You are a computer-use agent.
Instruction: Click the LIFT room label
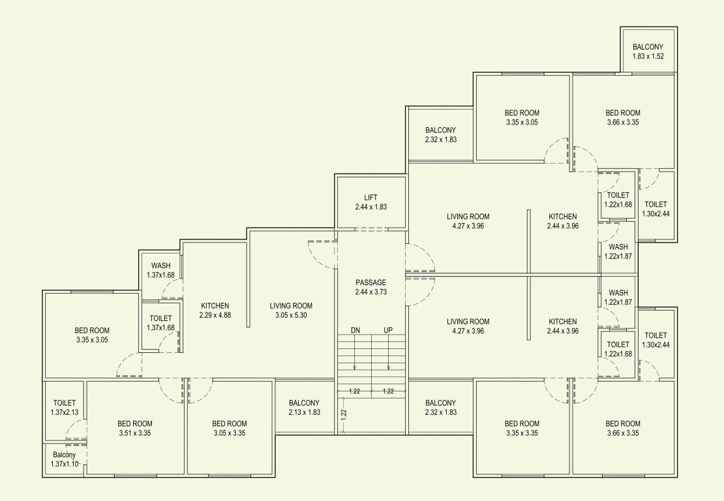coord(370,202)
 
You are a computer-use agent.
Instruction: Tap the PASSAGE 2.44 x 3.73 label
coord(370,287)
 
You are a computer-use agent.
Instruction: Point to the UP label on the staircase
coord(388,330)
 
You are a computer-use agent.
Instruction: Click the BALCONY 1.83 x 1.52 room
coord(648,52)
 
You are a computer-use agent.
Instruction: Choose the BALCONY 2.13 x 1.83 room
coord(304,408)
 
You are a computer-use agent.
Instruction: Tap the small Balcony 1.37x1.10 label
coord(64,459)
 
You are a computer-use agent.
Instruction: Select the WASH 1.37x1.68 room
coord(160,270)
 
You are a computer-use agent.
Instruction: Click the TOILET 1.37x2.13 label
coord(64,408)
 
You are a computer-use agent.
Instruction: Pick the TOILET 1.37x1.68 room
coord(160,322)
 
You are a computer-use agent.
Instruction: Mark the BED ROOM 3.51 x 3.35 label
coord(135,428)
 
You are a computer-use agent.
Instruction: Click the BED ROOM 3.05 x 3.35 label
coord(230,428)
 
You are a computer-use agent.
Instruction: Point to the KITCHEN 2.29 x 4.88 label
coord(215,310)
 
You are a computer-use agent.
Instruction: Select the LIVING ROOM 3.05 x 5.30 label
coord(291,310)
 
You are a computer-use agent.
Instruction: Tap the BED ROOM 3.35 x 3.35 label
coord(522,428)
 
